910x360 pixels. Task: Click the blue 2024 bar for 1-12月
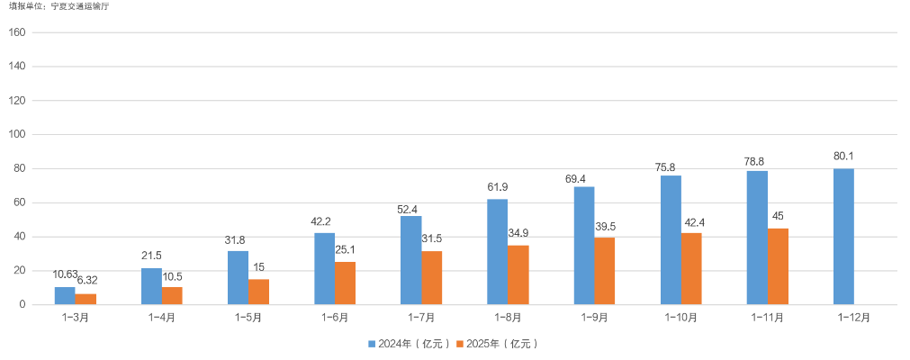843,237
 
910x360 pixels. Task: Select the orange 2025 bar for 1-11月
778,266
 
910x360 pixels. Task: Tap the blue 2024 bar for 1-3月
65,296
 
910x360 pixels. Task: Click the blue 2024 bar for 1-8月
498,252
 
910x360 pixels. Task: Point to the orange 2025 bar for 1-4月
172,296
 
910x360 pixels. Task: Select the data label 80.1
843,156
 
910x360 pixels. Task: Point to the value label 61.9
498,186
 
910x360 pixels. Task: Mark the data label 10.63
65,274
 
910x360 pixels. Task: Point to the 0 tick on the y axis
22,305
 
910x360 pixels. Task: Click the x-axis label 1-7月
421,318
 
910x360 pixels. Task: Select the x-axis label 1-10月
681,318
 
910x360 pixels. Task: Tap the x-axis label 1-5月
248,318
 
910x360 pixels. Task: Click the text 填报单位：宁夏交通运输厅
62,6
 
